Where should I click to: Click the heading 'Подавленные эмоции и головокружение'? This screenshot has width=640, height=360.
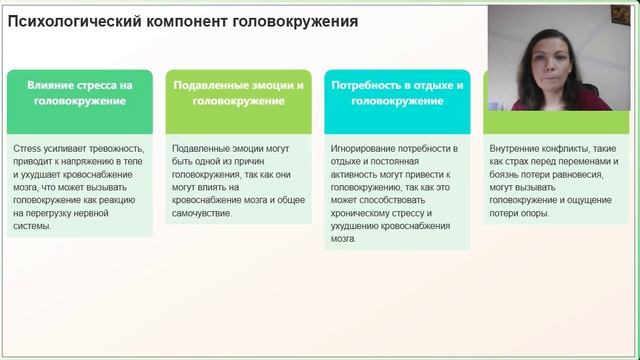click(238, 93)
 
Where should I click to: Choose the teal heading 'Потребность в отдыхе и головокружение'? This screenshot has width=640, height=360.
click(396, 93)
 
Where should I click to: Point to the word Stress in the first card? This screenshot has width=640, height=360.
click(29, 148)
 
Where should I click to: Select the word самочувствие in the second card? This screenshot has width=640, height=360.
click(202, 213)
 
